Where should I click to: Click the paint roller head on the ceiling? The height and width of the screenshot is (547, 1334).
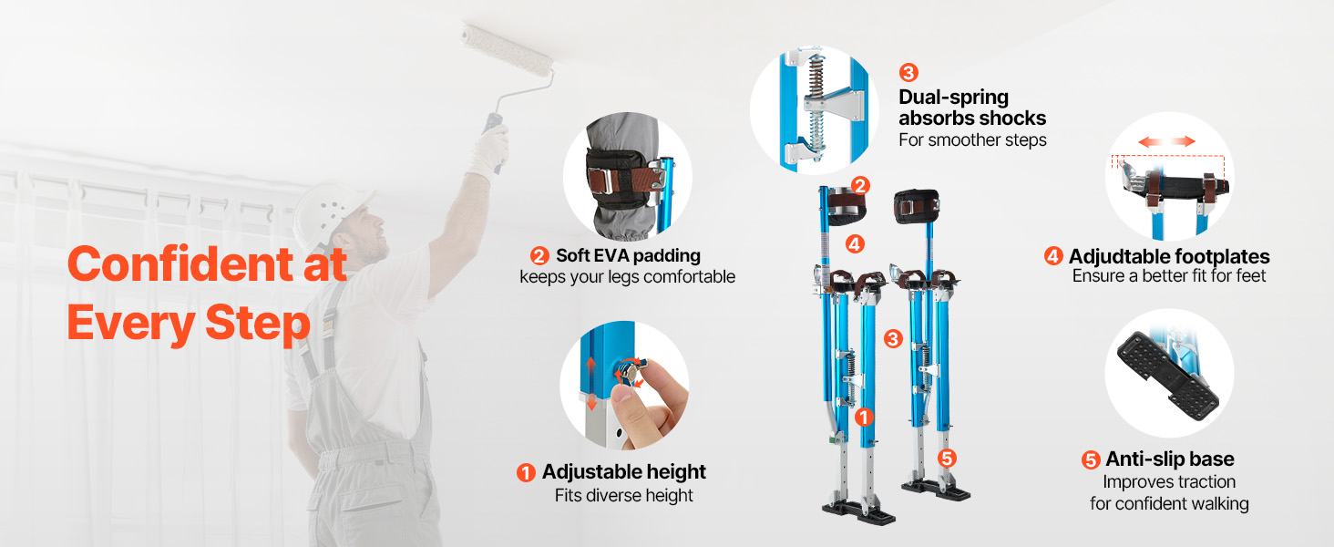(508, 50)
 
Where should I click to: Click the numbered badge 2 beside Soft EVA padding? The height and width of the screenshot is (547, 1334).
(539, 256)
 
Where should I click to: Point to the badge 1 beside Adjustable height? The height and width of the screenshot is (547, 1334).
(526, 473)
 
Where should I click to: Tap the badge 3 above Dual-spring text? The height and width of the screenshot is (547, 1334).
(908, 73)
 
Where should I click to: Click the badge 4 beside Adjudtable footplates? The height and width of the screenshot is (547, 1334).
(1053, 256)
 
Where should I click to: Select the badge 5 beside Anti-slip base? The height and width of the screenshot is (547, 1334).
(1091, 460)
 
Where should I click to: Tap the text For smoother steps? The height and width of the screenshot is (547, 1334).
(972, 140)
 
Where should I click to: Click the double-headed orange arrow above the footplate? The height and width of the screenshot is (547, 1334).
(1166, 141)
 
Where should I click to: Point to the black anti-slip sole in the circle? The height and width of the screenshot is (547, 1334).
(1166, 377)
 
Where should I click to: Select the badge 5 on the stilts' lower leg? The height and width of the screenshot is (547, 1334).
(947, 459)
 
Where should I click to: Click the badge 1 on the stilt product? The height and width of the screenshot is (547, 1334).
(864, 418)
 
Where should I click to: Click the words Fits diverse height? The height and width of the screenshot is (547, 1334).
(623, 496)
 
